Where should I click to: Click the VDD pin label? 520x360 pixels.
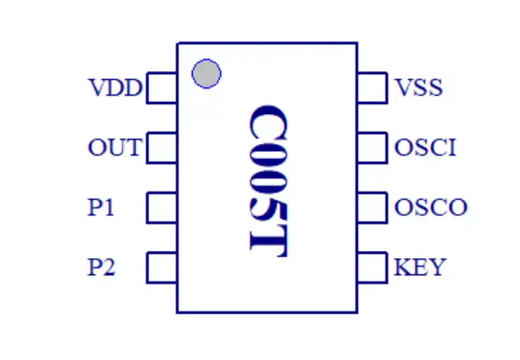(x=115, y=87)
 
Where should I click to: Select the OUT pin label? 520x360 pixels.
(x=114, y=148)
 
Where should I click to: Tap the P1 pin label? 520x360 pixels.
(x=101, y=207)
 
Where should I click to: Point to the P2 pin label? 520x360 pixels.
(x=101, y=267)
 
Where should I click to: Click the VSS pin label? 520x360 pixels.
(x=418, y=87)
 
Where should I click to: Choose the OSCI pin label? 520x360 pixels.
(x=425, y=148)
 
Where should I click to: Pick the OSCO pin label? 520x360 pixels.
(x=431, y=207)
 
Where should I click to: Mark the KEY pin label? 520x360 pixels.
(x=420, y=267)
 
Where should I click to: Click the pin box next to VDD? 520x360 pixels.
(x=162, y=87)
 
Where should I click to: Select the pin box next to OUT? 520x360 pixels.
(x=162, y=148)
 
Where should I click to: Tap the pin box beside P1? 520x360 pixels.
(x=162, y=207)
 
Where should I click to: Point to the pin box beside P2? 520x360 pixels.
(x=162, y=267)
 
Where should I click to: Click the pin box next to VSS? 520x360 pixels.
(x=372, y=87)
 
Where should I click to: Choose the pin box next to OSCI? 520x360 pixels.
(x=372, y=148)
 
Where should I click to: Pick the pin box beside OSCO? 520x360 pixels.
(x=372, y=207)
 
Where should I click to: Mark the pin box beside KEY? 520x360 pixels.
(x=372, y=267)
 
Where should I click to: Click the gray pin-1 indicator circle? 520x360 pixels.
(x=206, y=74)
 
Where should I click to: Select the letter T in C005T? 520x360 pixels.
(x=267, y=238)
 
